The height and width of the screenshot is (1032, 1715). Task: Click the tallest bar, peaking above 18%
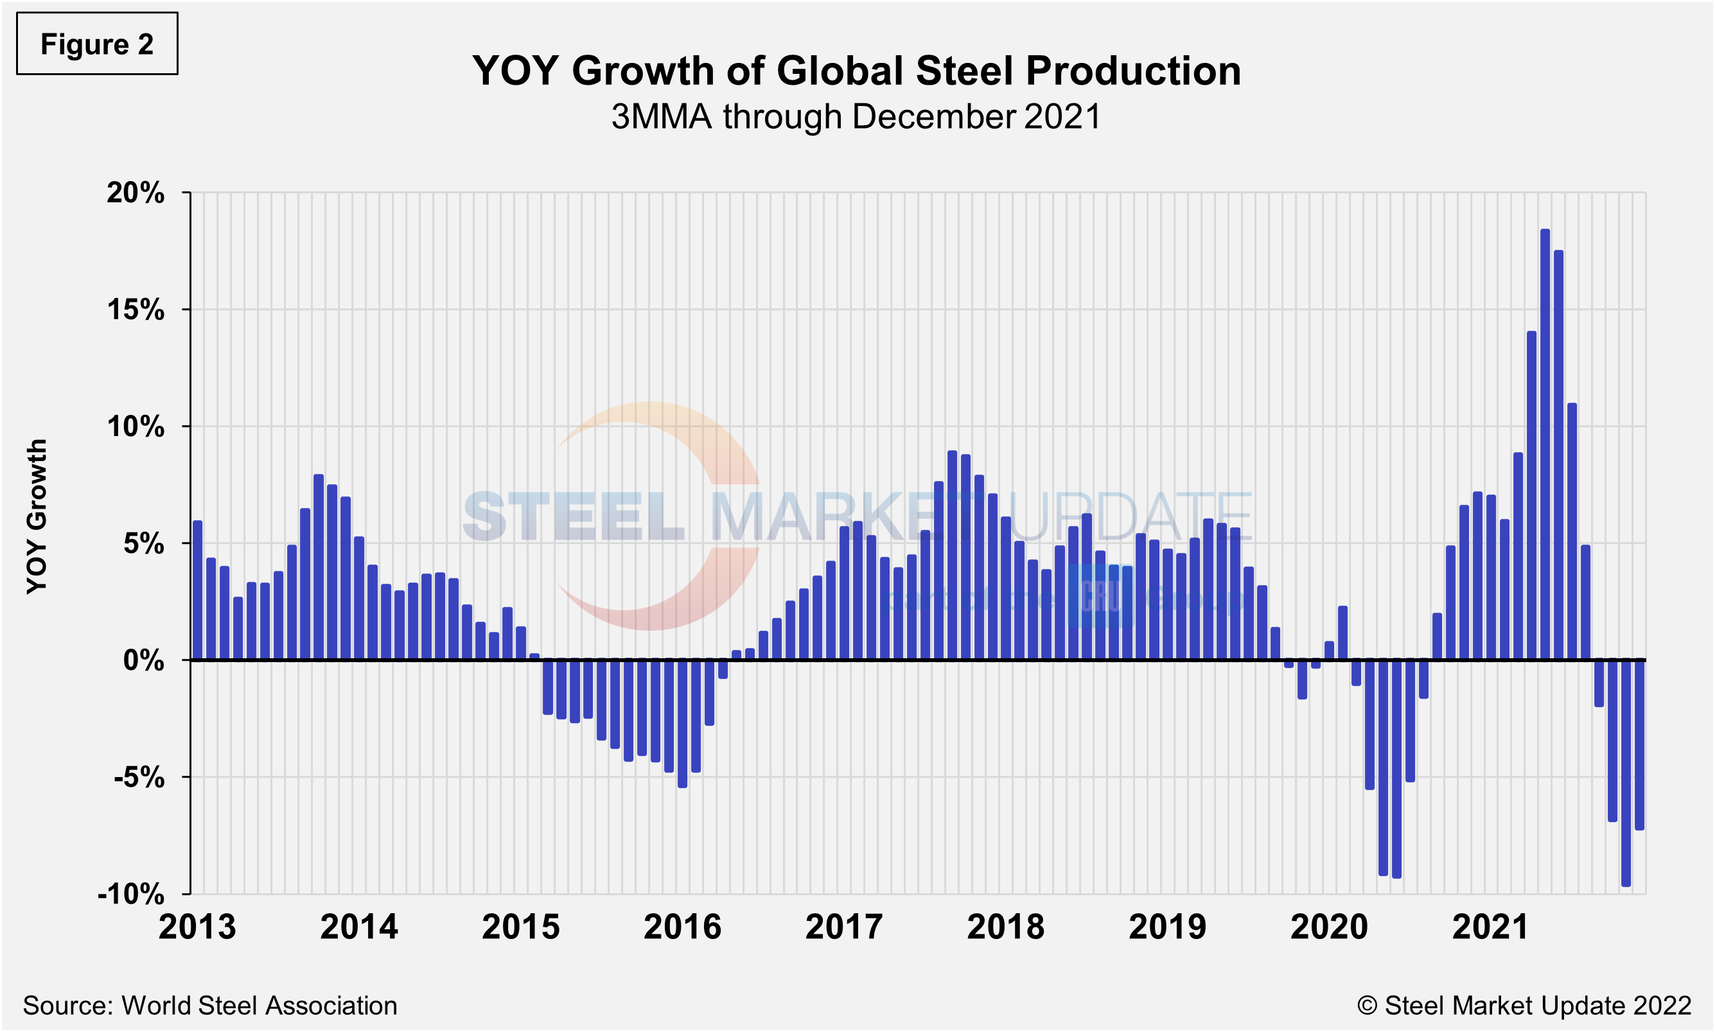click(1545, 445)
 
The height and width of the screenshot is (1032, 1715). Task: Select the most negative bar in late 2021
click(1626, 772)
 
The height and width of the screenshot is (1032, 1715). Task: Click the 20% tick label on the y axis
click(136, 193)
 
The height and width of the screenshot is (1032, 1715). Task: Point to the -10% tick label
click(132, 894)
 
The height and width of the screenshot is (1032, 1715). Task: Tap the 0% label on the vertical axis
click(144, 660)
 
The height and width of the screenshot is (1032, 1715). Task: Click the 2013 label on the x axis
click(197, 927)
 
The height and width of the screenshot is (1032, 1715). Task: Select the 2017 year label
click(843, 927)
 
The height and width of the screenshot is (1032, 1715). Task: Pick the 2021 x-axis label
click(1490, 927)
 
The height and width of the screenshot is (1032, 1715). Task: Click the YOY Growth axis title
click(37, 516)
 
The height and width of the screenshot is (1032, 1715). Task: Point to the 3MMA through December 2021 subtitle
click(856, 117)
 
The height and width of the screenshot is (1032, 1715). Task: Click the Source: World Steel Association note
click(210, 1006)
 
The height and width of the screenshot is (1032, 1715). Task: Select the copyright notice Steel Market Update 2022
click(1524, 1006)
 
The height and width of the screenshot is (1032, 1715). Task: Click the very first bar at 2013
click(197, 590)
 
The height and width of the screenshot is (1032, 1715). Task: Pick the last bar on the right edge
click(1639, 744)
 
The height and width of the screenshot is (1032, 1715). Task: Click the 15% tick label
click(136, 310)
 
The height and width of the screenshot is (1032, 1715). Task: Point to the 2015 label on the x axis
click(521, 927)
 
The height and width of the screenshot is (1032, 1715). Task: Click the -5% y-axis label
click(139, 777)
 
